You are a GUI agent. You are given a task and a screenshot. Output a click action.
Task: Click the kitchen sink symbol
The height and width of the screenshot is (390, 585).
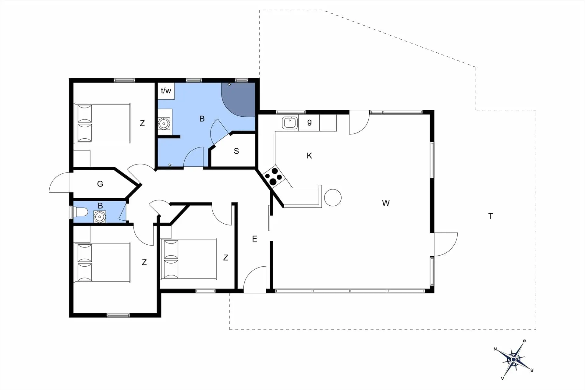click(290, 123)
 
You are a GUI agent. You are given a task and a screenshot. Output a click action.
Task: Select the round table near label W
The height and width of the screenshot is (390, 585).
click(333, 198)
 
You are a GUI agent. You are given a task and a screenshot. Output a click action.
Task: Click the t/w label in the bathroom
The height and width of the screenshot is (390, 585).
click(166, 90)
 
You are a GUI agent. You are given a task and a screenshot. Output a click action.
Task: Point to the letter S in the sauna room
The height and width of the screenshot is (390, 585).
click(236, 151)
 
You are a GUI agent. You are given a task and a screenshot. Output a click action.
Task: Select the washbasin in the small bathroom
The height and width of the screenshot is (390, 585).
click(100, 217)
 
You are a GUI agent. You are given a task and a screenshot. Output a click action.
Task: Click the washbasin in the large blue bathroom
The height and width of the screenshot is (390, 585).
click(164, 124)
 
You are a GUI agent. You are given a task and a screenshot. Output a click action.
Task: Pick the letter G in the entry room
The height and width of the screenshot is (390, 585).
click(100, 184)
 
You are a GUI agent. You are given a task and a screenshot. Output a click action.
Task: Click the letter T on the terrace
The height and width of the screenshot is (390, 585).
click(491, 216)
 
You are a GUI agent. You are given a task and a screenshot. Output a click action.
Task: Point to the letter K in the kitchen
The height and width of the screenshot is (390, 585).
click(309, 156)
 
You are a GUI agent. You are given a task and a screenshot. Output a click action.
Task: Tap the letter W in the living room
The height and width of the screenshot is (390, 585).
click(386, 203)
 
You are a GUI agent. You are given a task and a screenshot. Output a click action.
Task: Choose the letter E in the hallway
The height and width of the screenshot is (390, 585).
click(255, 239)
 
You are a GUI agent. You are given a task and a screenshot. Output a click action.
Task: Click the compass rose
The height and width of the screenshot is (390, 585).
click(514, 360)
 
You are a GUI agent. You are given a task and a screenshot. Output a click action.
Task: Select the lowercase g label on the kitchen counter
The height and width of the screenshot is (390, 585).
click(310, 122)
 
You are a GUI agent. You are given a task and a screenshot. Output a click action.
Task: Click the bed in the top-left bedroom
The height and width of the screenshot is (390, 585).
click(102, 123)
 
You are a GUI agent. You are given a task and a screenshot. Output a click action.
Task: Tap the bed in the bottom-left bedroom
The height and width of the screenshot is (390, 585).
click(102, 262)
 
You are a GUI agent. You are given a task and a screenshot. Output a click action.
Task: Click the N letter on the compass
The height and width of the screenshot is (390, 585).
click(495, 349)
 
